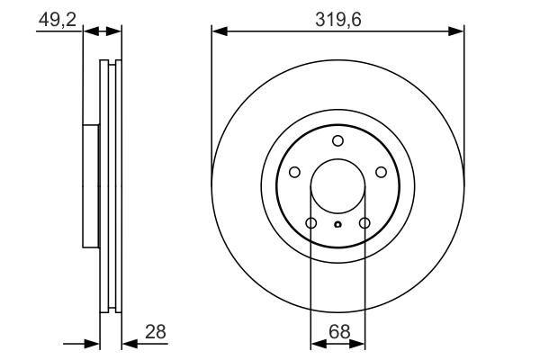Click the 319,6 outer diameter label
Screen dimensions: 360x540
[x=337, y=17]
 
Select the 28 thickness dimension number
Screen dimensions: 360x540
[x=156, y=332]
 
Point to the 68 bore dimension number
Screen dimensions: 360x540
[x=338, y=332]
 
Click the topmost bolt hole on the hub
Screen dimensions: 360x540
[x=337, y=140]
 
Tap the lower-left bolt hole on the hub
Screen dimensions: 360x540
[x=311, y=223]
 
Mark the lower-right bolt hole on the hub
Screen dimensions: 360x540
[x=364, y=223]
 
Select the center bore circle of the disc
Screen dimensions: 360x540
[x=337, y=191]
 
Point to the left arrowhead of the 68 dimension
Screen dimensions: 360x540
[x=316, y=344]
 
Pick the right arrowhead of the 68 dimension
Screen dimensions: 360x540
[x=359, y=344]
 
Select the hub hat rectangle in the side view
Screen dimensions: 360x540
[x=90, y=185]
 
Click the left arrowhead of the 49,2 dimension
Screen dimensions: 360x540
[x=88, y=31]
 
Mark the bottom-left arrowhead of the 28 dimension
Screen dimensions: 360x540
[x=93, y=343]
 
